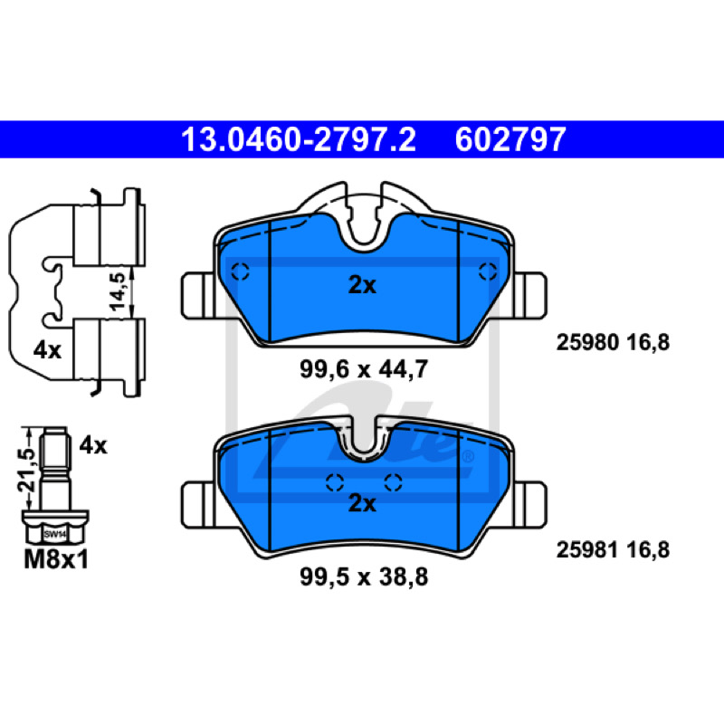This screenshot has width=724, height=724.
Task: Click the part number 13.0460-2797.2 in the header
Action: [x=299, y=139]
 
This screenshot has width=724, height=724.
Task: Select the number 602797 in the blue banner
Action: [x=510, y=139]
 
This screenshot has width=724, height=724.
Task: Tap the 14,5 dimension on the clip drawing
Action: [x=118, y=291]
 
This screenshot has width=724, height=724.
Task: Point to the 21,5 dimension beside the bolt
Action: [x=27, y=469]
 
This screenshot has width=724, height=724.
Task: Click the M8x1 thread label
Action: [x=56, y=559]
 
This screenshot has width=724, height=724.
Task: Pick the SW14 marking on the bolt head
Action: [x=55, y=535]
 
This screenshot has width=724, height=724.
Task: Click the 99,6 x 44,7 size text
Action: [x=364, y=369]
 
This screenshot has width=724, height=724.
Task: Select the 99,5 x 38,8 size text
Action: [x=364, y=576]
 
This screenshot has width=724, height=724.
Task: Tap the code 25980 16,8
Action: [x=613, y=343]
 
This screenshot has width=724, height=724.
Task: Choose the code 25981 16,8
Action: [x=613, y=550]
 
